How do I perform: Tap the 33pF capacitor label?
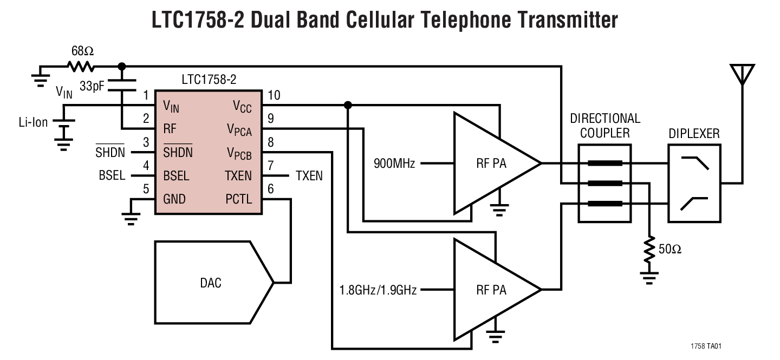92,86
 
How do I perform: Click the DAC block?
211,283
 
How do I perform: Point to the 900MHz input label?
394,163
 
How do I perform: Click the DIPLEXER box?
694,184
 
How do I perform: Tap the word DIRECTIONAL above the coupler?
605,118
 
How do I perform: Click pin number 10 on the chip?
274,95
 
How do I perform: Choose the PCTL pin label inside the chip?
239,199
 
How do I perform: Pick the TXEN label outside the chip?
309,176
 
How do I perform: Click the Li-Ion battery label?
32,122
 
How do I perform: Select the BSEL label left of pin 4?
112,176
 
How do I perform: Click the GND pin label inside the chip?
174,199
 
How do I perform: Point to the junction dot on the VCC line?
348,105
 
